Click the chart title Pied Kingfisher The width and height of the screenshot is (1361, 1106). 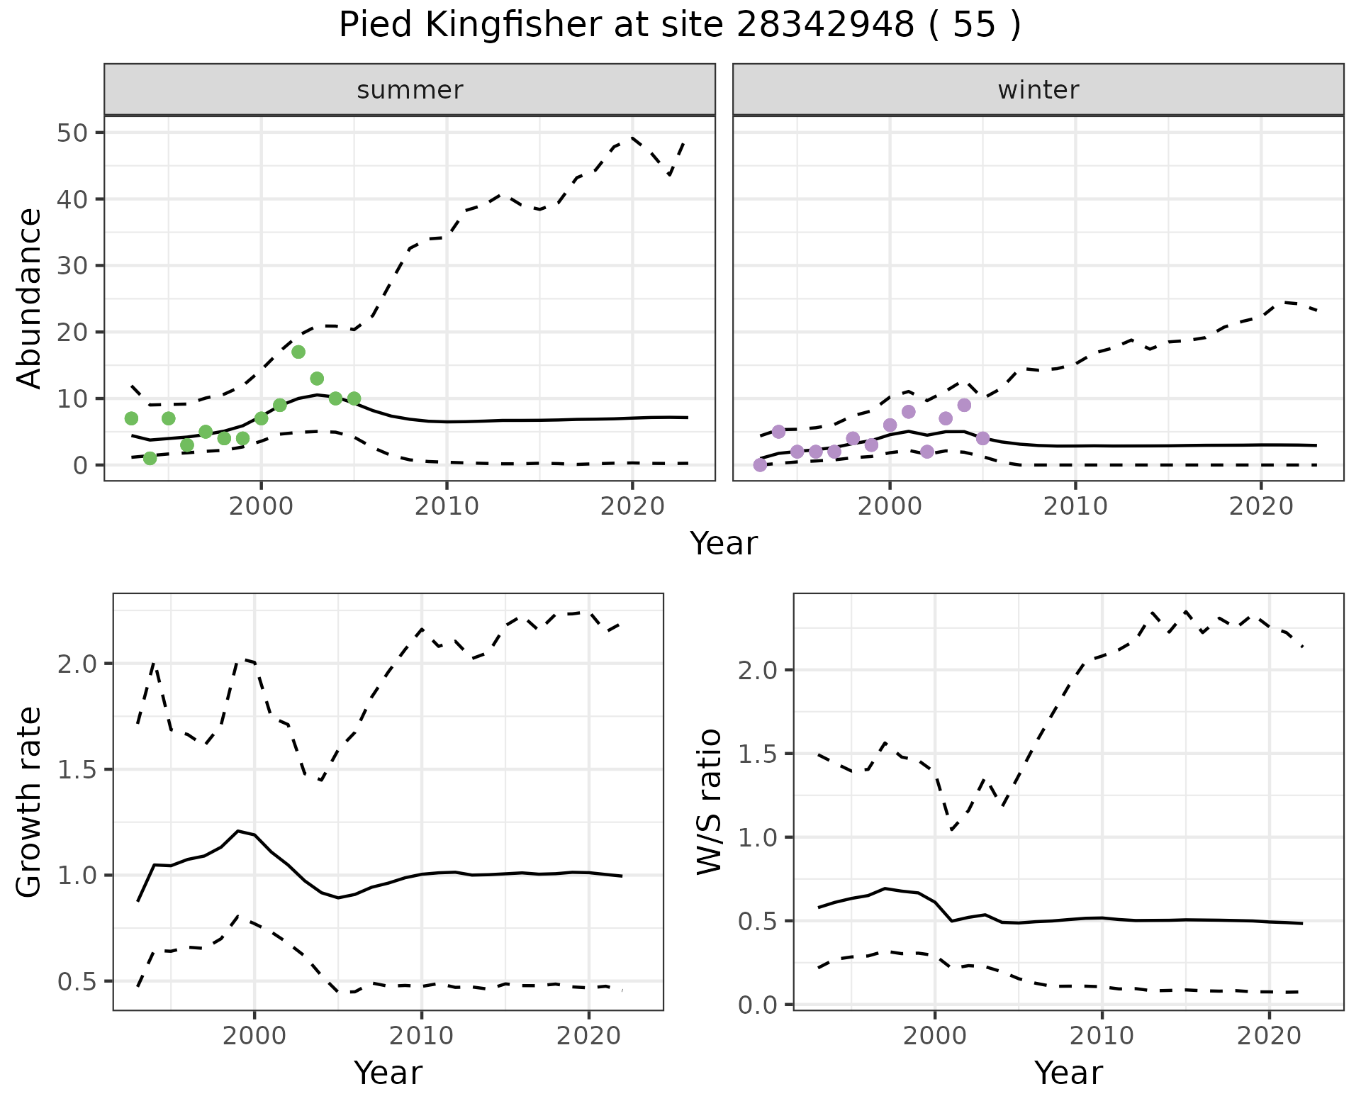click(x=679, y=26)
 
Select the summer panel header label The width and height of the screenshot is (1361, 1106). click(x=410, y=90)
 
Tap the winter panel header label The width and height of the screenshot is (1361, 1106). click(x=1038, y=90)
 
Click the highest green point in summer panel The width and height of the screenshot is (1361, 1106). click(x=298, y=352)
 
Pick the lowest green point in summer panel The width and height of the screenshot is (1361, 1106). click(x=150, y=458)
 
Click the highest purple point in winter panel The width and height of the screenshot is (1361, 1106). click(x=964, y=405)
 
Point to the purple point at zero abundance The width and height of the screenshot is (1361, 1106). click(x=760, y=465)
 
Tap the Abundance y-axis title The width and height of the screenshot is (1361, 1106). click(x=30, y=298)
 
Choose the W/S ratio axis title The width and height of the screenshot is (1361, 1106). click(x=710, y=801)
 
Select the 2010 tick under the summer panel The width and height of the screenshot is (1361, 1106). click(x=447, y=506)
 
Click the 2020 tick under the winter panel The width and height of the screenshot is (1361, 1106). click(x=1261, y=506)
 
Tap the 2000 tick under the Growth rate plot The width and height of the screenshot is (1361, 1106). click(x=254, y=1036)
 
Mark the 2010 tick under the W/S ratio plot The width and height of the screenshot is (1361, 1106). click(x=1102, y=1036)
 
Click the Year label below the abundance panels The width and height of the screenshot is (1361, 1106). click(x=724, y=544)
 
